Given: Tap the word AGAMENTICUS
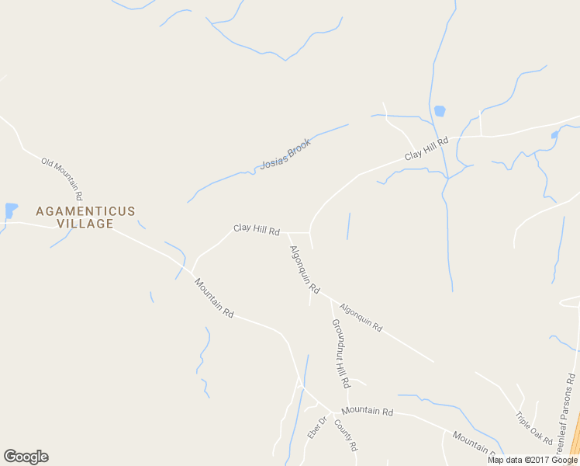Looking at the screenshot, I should (x=85, y=211).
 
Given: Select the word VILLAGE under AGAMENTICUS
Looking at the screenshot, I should (x=85, y=224).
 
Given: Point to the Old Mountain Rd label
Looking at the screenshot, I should (x=62, y=178).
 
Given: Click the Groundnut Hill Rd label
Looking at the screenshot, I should (x=340, y=353).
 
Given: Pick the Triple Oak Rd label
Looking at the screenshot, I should (x=533, y=428).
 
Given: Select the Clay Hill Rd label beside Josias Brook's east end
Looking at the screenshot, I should (x=426, y=149).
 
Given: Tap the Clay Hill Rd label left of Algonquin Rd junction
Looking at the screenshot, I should (x=256, y=230).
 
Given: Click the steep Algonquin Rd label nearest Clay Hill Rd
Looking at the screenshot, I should (x=304, y=269).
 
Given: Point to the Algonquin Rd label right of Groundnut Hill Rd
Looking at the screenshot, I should (x=361, y=317).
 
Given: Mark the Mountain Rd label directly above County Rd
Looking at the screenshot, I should (x=367, y=410).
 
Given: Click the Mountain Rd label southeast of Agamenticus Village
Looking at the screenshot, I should (x=214, y=298).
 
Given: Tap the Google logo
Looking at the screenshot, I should (x=26, y=457).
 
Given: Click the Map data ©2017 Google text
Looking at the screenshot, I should (x=532, y=460).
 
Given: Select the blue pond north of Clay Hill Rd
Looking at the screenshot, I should (x=440, y=111).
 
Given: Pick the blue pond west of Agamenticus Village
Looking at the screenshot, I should (x=10, y=210).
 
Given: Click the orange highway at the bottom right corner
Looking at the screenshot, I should (x=575, y=439).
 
